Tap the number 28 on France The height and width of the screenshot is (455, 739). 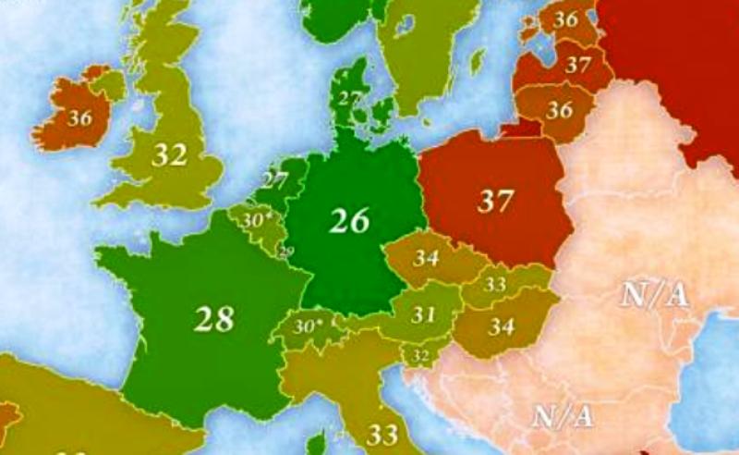coord(214,318)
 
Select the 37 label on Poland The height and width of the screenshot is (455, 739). coord(494,201)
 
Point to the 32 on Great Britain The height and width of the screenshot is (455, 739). coord(169,154)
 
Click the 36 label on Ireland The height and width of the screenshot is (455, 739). coord(80,117)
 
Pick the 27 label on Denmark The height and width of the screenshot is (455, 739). coord(348,97)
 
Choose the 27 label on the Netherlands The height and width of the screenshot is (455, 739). coord(275,179)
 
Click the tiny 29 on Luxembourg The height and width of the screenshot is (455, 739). coord(286,252)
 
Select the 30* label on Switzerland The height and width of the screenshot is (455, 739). coord(309,326)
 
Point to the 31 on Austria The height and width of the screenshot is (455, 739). coord(423,314)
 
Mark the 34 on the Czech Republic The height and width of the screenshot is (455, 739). coord(426,258)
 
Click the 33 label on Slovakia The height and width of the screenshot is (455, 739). coord(495,285)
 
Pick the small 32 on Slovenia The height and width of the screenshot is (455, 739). coord(420,354)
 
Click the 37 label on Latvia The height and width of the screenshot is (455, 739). coord(578,65)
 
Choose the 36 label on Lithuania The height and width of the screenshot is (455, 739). coord(559,109)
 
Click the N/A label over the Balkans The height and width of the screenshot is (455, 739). coord(562,416)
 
